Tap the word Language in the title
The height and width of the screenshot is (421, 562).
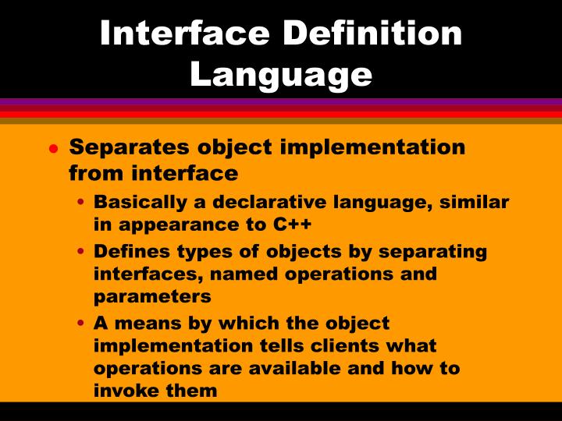[281, 74]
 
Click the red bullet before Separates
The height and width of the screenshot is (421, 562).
[53, 148]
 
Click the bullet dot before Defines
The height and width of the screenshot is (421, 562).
[83, 253]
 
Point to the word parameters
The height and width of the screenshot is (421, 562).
[152, 297]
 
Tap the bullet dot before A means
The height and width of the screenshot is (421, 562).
[83, 324]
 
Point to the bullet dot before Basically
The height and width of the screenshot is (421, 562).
[83, 203]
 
